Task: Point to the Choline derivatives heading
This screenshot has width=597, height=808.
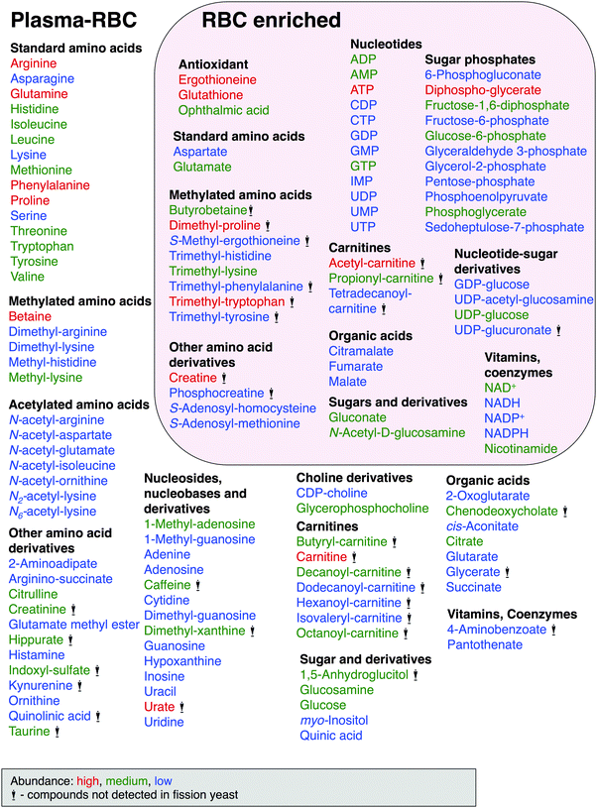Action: [354, 479]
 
